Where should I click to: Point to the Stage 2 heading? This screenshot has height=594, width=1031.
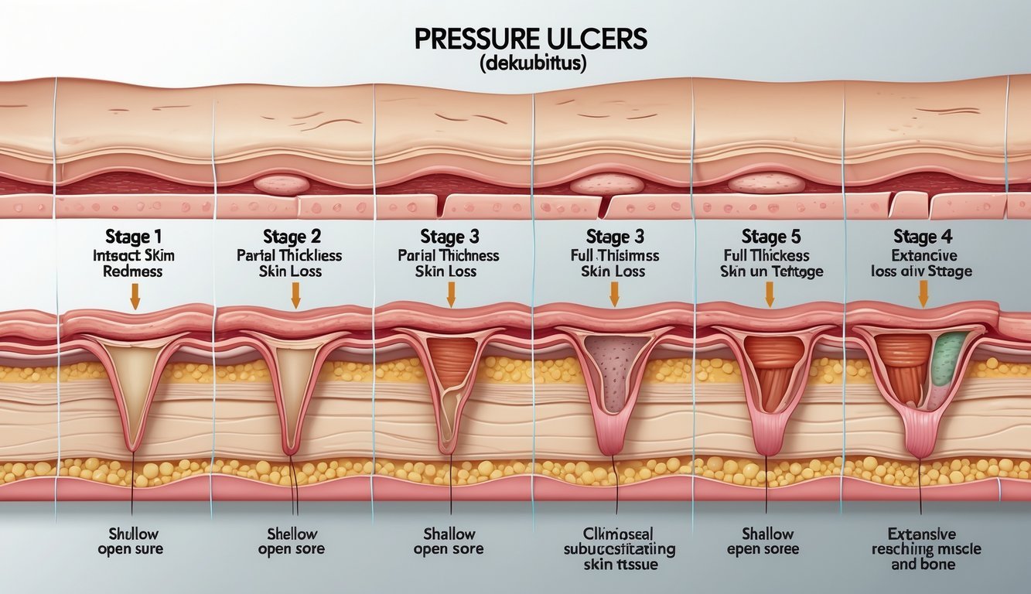pyautogui.click(x=292, y=236)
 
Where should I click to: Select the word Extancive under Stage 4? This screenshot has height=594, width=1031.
pyautogui.click(x=923, y=254)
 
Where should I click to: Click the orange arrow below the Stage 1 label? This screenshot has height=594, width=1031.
pyautogui.click(x=135, y=297)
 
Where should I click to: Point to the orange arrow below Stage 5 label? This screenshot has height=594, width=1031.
pyautogui.click(x=770, y=294)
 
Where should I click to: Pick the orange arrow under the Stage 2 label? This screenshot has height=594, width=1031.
pyautogui.click(x=295, y=295)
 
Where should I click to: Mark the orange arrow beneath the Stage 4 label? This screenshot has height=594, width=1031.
pyautogui.click(x=923, y=294)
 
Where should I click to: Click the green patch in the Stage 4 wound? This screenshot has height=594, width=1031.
pyautogui.click(x=949, y=358)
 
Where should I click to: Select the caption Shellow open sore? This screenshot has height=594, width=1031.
pyautogui.click(x=292, y=541)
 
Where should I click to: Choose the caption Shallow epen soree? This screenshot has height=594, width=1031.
pyautogui.click(x=766, y=541)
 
